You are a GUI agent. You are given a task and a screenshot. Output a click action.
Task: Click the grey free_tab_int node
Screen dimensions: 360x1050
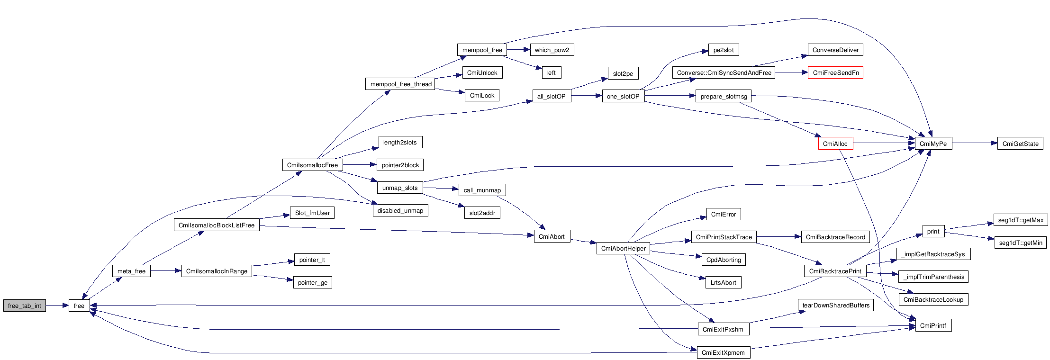tap(25, 306)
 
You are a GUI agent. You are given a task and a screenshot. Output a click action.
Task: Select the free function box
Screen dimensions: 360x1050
tap(79, 306)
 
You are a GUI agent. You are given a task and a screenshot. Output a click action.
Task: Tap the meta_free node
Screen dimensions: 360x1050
tap(131, 271)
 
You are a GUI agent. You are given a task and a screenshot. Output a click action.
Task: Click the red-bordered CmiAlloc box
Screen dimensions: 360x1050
tap(835, 144)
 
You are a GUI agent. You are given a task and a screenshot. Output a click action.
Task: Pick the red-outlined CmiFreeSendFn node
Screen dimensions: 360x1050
tap(835, 72)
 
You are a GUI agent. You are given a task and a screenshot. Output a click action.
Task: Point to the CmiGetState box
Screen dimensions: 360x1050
tap(1020, 144)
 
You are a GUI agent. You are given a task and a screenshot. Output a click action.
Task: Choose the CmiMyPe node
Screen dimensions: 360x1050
tap(932, 144)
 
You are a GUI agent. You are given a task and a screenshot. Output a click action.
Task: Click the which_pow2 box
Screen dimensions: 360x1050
tap(552, 50)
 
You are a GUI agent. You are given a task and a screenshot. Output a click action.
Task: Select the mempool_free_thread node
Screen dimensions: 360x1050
tap(401, 84)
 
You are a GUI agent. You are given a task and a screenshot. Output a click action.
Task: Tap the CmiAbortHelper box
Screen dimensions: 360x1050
tap(623, 248)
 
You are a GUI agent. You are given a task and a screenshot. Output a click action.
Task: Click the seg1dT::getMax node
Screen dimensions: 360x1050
tap(1020, 220)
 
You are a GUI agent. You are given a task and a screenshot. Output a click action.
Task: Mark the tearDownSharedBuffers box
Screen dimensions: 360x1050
tap(836, 306)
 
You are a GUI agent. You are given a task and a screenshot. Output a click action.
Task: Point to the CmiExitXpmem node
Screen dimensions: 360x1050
tap(723, 352)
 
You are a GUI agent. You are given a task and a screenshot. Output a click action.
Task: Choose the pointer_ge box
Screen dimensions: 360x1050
tap(312, 283)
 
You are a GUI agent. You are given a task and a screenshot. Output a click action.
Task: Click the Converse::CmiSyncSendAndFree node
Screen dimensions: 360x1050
tap(724, 72)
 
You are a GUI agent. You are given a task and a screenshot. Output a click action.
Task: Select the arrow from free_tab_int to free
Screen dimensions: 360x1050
tap(57, 306)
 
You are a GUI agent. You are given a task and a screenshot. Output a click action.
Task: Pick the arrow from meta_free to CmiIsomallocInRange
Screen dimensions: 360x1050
tap(166, 271)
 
